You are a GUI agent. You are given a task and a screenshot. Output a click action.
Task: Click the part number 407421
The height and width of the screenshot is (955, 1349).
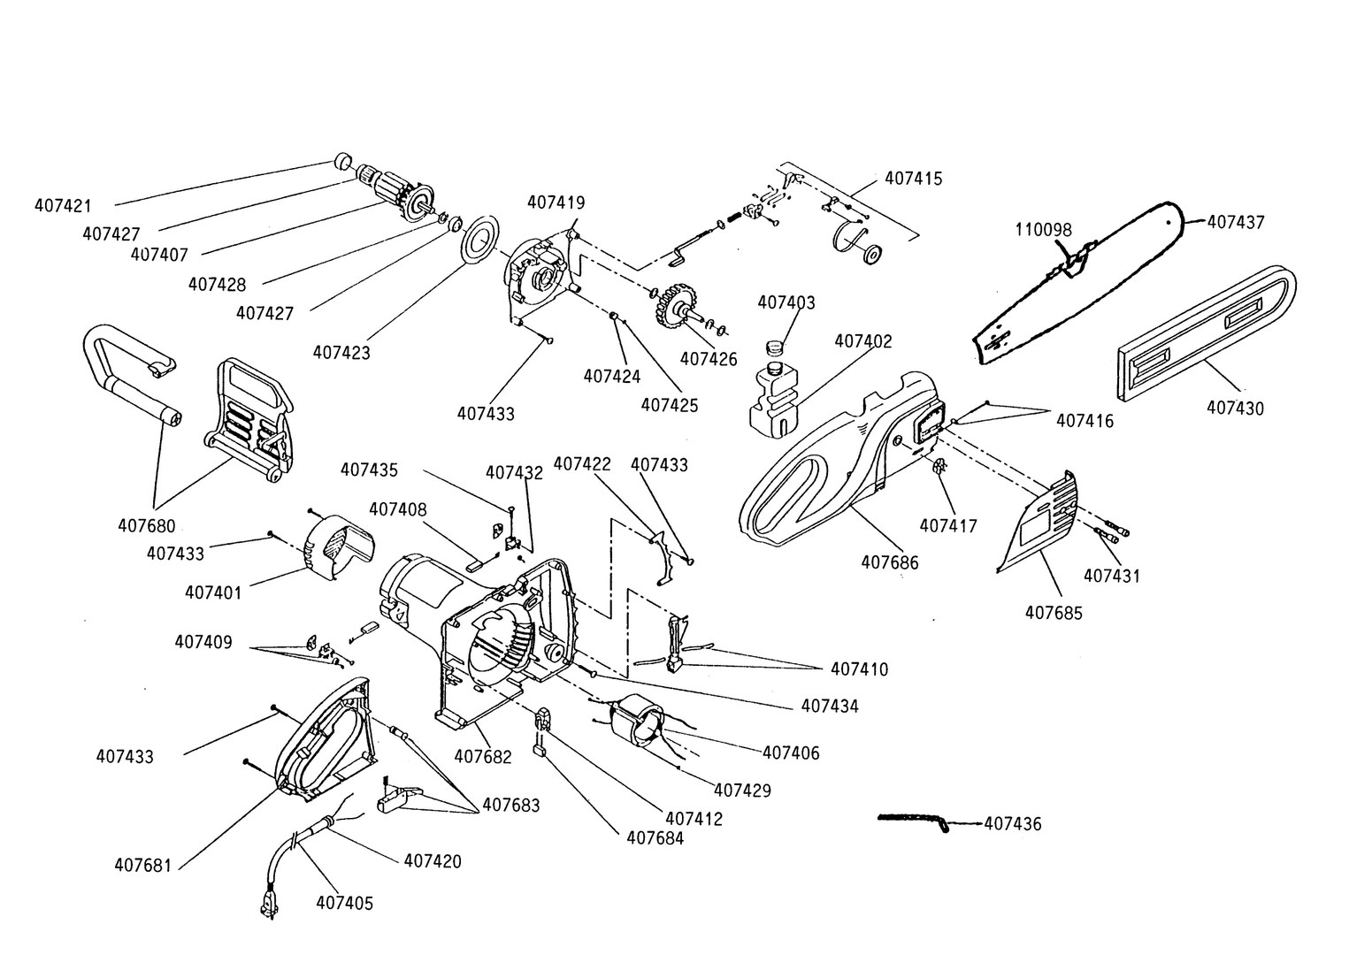pos(63,205)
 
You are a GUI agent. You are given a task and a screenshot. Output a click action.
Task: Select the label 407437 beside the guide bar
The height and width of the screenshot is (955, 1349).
pos(1236,222)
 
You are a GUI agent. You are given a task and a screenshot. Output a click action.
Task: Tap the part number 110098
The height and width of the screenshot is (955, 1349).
pos(1043,230)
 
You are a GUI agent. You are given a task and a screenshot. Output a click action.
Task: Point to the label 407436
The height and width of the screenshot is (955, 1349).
pos(1013,824)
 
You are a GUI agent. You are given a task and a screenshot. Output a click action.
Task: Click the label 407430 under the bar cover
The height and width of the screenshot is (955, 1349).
pos(1235,408)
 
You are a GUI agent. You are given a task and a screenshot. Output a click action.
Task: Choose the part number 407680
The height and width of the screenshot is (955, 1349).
pos(147,524)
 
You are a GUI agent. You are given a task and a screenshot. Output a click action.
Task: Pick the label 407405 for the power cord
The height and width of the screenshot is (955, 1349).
pos(344,903)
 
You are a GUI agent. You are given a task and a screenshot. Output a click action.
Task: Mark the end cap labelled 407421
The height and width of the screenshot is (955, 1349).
pos(341,161)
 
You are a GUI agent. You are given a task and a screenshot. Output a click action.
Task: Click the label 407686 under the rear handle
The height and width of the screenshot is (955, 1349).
pos(890,562)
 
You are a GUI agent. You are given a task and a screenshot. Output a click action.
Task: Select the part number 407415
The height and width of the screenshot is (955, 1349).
pos(914,179)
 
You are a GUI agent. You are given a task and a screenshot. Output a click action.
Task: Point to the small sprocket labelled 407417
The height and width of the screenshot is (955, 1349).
pos(940,467)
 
